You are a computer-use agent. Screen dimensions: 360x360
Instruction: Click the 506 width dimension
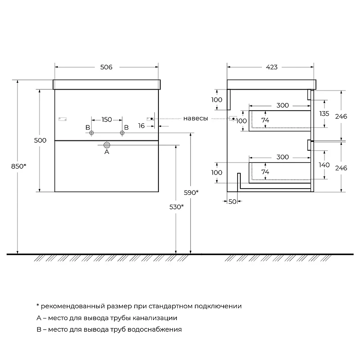[x=106, y=67]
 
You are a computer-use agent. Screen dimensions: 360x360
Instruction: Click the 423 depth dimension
[x=272, y=67]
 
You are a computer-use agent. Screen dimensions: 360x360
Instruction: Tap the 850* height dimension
[x=19, y=166]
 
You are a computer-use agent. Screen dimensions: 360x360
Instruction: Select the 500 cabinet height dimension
[x=40, y=140]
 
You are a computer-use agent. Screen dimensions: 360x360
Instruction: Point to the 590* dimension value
[x=191, y=193]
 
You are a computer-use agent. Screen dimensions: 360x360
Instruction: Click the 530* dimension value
[x=176, y=207]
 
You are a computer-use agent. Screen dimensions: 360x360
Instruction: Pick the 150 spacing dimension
[x=107, y=120]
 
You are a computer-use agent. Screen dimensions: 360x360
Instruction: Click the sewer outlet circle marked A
[x=107, y=145]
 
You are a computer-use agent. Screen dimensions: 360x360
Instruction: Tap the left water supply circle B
[x=92, y=133]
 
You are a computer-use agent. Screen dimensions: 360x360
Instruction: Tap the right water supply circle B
[x=122, y=133]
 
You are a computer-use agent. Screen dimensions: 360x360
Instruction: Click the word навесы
[x=196, y=118]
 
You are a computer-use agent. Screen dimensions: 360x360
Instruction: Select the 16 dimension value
[x=141, y=126]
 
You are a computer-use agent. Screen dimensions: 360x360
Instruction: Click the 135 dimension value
[x=324, y=113]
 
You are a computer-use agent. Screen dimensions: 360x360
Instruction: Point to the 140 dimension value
[x=324, y=165]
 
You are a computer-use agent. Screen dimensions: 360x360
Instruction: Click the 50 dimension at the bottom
[x=232, y=201]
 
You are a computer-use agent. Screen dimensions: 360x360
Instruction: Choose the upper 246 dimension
[x=341, y=117]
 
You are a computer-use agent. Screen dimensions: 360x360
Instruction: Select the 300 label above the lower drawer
[x=283, y=157]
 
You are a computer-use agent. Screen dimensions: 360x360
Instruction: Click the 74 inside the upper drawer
[x=265, y=120]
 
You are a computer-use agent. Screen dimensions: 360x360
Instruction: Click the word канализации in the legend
[x=155, y=318]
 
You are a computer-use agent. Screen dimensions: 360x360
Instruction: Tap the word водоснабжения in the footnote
[x=154, y=329]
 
